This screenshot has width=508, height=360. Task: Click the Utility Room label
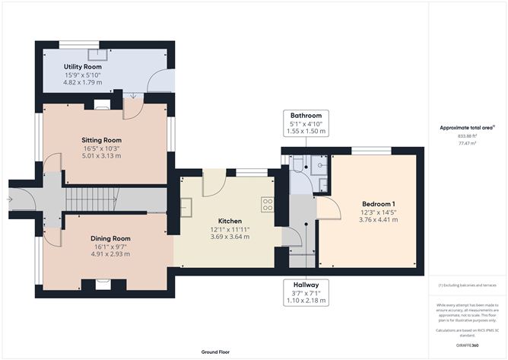83,67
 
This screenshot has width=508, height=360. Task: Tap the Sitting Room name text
102,140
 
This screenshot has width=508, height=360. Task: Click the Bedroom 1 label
377,203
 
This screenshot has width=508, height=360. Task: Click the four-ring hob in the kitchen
268,203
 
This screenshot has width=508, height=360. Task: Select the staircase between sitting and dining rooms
90,199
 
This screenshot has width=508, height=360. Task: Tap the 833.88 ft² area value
467,135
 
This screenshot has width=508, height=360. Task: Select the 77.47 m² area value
467,142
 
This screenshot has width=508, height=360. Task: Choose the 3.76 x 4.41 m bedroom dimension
377,219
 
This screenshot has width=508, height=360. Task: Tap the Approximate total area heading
466,127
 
